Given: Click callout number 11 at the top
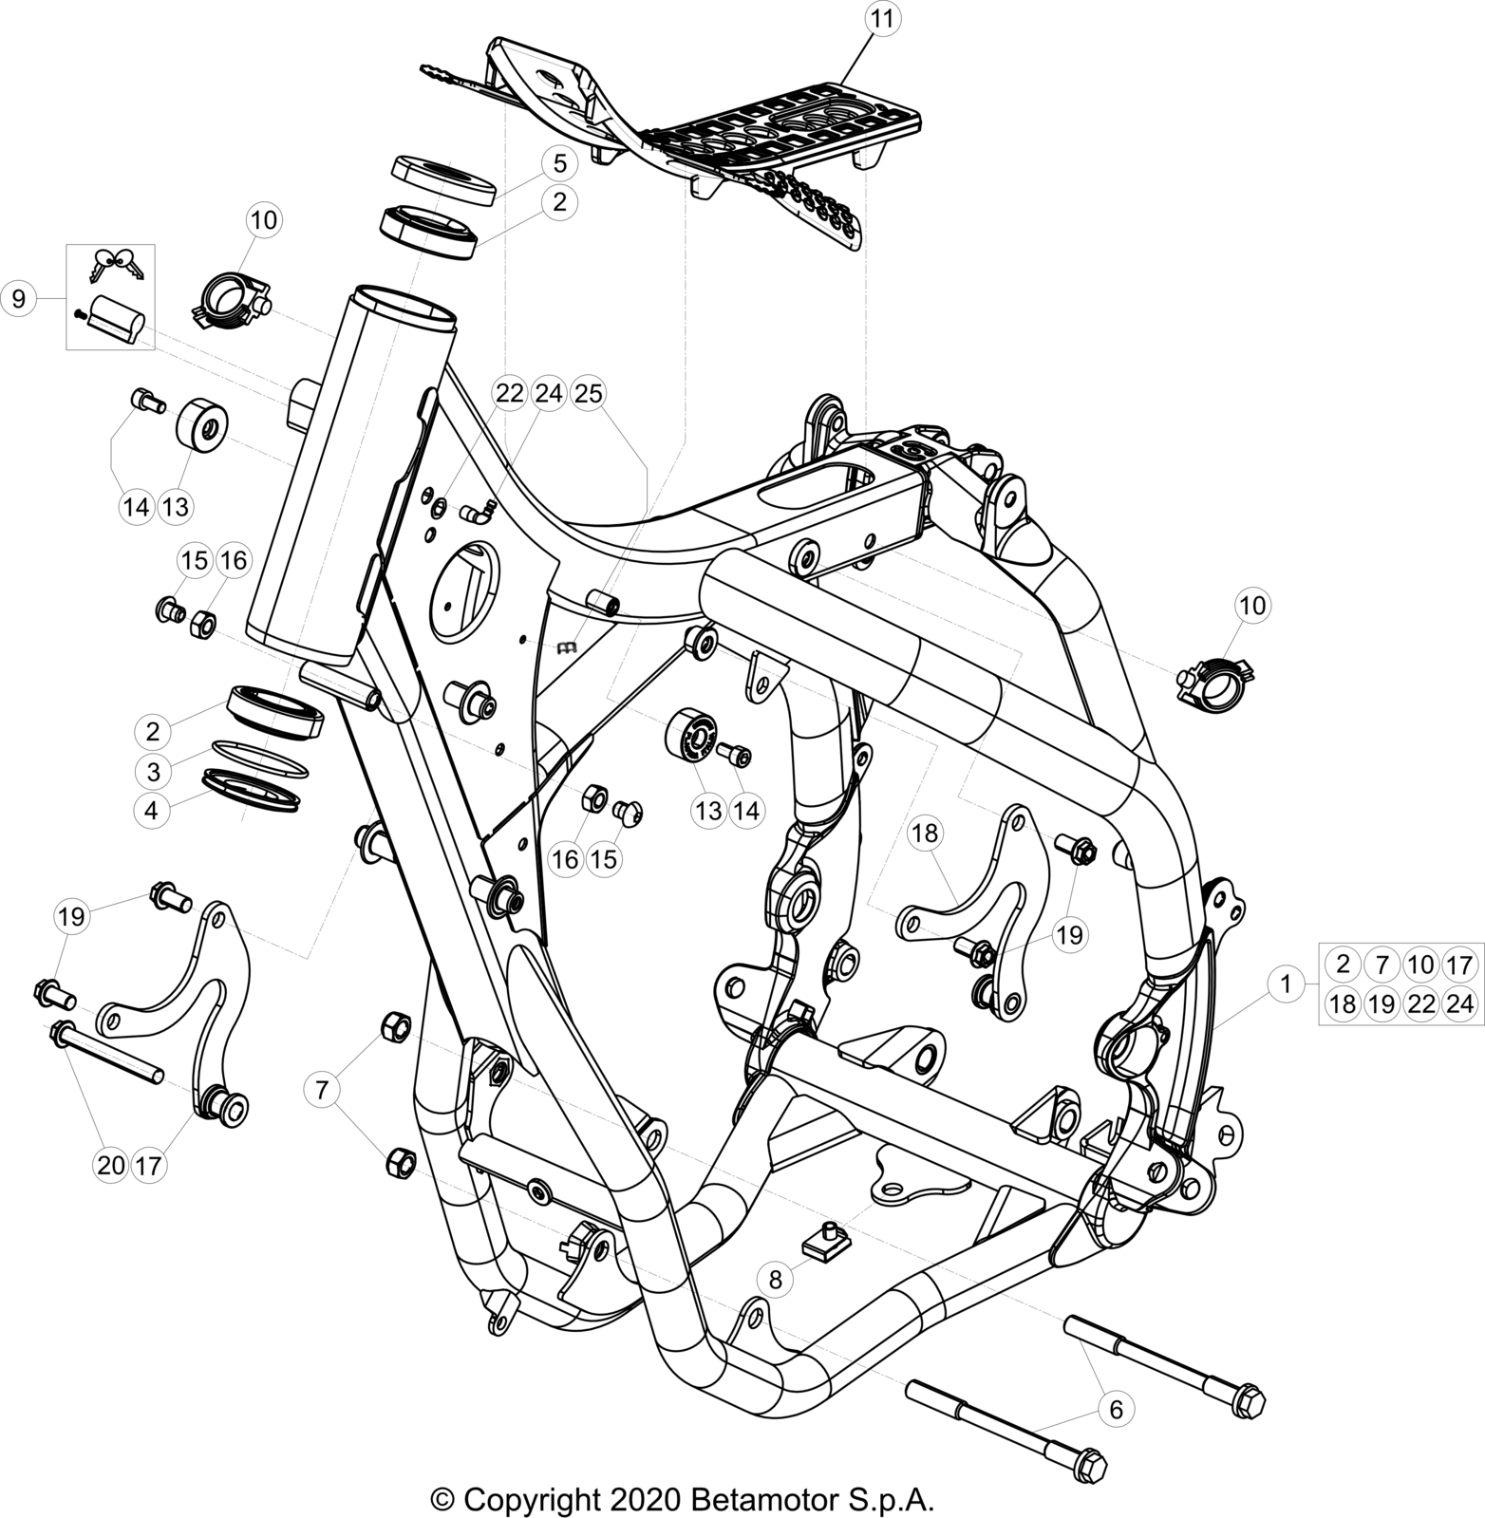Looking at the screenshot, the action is point(882,18).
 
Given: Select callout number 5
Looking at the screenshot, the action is point(559,163).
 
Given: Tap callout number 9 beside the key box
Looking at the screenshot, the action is point(18,298).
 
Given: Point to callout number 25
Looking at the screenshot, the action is point(589,392).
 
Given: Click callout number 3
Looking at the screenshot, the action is point(153,770).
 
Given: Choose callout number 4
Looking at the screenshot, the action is point(153,812).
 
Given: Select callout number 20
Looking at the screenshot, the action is point(111,1165).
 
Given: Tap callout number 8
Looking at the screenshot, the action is point(775,1279).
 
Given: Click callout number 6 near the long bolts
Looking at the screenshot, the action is point(1116,1410).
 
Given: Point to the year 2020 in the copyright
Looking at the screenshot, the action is point(642,1499).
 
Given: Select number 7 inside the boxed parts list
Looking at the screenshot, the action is point(1382,965).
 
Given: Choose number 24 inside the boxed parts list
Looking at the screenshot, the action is point(1459,1003).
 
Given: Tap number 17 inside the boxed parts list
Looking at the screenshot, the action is point(1459,965).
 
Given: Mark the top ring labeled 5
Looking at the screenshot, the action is point(443,180).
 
